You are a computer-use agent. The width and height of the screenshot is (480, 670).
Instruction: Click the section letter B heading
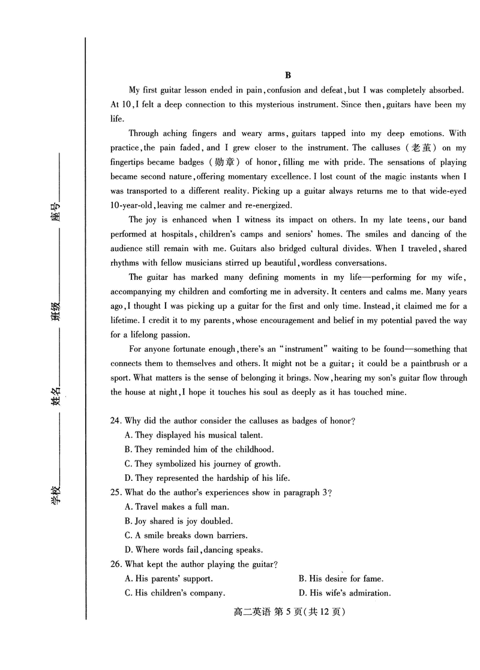[287, 75]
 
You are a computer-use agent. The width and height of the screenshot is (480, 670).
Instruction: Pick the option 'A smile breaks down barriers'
[186, 536]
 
